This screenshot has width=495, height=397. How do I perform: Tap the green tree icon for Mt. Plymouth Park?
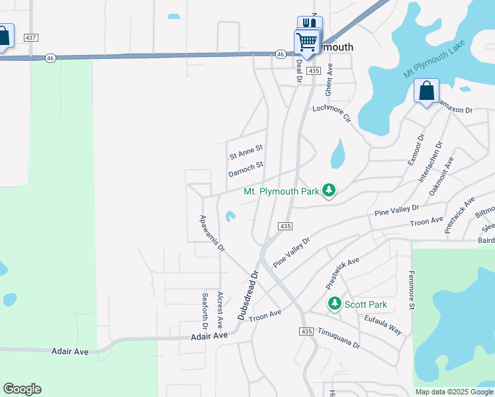pyautogui.click(x=330, y=191)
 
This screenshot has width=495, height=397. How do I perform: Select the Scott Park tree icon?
pyautogui.click(x=335, y=304)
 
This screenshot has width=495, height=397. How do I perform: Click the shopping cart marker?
pyautogui.click(x=306, y=42)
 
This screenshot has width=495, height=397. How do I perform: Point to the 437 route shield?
pyautogui.click(x=30, y=38)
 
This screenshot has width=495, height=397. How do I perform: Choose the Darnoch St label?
pyautogui.click(x=246, y=169)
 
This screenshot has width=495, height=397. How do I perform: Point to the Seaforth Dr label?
pyautogui.click(x=206, y=311)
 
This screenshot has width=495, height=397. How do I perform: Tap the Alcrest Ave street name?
pyautogui.click(x=220, y=312)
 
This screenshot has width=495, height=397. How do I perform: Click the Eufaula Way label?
pyautogui.click(x=383, y=324)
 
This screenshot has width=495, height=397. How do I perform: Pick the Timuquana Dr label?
pyautogui.click(x=337, y=338)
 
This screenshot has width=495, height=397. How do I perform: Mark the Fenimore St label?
pyautogui.click(x=412, y=290)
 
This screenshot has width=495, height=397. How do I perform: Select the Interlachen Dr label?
pyautogui.click(x=430, y=162)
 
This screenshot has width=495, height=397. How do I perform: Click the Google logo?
pyautogui.click(x=22, y=389)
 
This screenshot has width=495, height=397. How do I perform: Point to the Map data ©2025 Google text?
pyautogui.click(x=453, y=392)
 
